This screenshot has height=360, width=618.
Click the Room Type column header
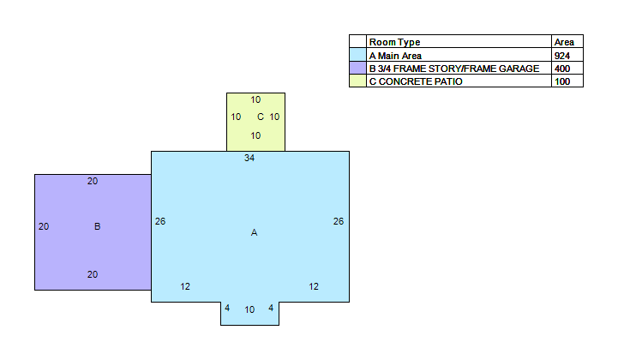coord(394,42)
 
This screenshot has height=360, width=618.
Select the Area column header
coord(564,42)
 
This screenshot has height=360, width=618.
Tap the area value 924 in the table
coord(562,56)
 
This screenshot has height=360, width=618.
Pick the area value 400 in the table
coord(562,69)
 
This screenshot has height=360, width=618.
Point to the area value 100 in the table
coord(562,81)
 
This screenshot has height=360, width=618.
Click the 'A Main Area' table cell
coord(395,56)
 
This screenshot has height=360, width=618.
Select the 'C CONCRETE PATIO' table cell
coord(416,81)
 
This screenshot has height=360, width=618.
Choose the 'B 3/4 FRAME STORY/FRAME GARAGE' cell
coord(454,69)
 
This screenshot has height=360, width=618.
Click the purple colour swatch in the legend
coord(358,68)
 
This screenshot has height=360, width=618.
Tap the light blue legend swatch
coord(358,55)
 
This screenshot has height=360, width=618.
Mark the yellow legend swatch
coord(358,81)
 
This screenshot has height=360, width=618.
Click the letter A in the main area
coord(255,232)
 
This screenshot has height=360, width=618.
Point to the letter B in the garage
coord(98,226)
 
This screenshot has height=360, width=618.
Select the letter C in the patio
coord(261,117)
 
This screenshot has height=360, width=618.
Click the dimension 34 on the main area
coord(249,158)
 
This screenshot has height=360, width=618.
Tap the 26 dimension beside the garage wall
coord(160,222)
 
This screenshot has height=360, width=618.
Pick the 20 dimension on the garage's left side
coord(44,227)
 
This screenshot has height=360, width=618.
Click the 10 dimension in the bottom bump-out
coord(249,310)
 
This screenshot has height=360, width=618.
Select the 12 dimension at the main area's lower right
coord(314,286)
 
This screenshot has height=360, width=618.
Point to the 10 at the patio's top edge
coord(255,99)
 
